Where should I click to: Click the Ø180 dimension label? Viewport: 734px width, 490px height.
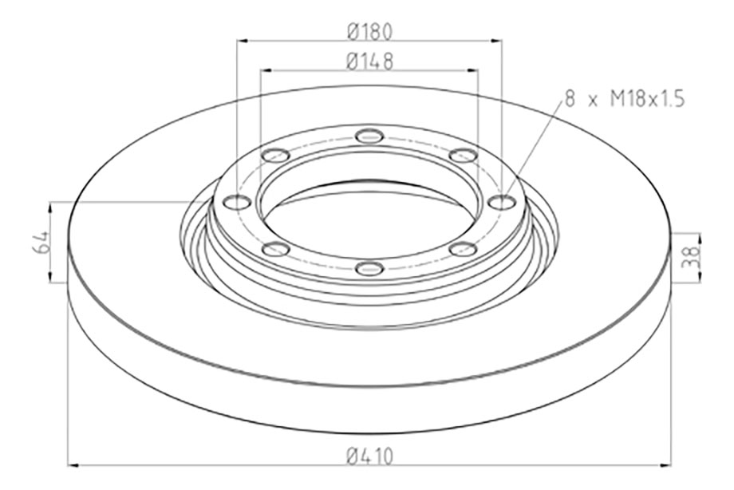[369, 31]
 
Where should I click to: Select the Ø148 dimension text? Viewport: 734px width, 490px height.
[369, 61]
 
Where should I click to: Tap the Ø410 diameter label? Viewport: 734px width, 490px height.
[369, 456]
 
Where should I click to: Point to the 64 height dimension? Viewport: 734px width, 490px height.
[41, 242]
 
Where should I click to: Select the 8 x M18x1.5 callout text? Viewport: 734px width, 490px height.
[625, 99]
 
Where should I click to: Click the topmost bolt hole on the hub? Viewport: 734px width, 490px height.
[369, 136]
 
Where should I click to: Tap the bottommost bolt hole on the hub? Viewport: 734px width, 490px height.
[369, 268]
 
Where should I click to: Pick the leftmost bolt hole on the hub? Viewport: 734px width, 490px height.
[237, 203]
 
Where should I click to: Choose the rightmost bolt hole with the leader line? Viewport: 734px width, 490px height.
[501, 203]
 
